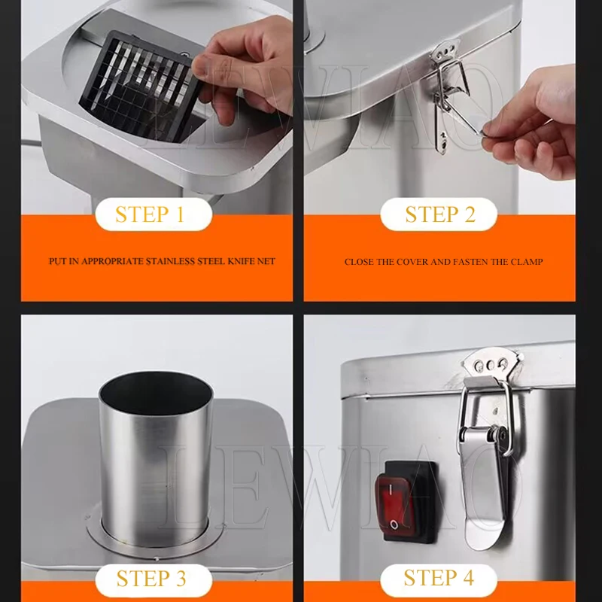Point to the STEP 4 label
pos(439,578)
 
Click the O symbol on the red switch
pos(394,524)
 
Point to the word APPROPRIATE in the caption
pos(112,261)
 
